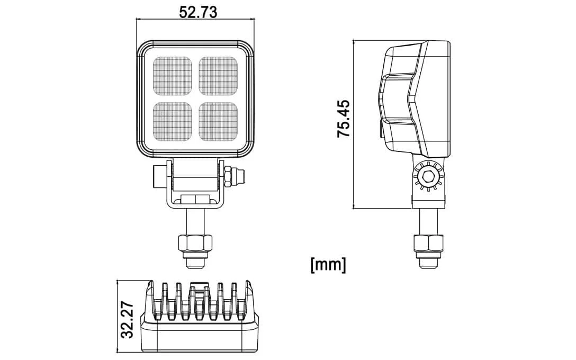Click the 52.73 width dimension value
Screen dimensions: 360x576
pyautogui.click(x=197, y=12)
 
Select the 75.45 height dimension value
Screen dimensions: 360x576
pyautogui.click(x=344, y=119)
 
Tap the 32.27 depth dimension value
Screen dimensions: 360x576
pyautogui.click(x=127, y=321)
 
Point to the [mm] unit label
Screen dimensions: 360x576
pyautogui.click(x=328, y=264)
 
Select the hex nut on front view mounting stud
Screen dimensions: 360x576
pyautogui.click(x=195, y=243)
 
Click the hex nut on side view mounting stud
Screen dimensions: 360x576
pyautogui.click(x=428, y=243)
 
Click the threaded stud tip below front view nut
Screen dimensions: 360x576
pyautogui.click(x=195, y=260)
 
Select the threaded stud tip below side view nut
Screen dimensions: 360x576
pyautogui.click(x=428, y=260)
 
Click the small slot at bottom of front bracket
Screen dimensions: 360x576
pyautogui.click(x=195, y=200)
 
